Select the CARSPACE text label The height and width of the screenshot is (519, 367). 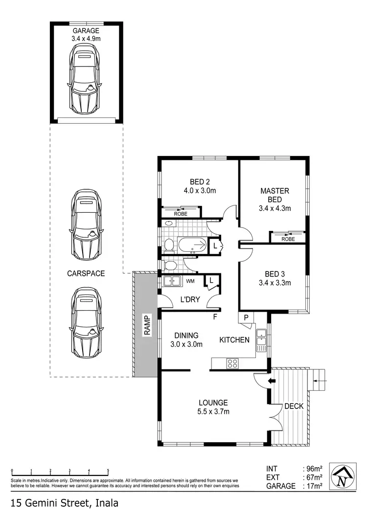[86, 273]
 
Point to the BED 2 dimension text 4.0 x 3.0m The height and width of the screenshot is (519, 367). [200, 191]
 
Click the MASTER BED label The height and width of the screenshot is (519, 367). [275, 195]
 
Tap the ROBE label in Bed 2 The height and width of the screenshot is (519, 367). [181, 213]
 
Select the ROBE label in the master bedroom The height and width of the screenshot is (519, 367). [288, 239]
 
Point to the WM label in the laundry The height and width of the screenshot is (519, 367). [190, 281]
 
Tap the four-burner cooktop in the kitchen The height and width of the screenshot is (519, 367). [231, 363]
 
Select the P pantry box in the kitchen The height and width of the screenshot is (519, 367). [246, 317]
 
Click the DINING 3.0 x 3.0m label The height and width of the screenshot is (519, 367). [186, 339]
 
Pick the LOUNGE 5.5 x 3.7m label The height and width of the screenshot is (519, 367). [210, 407]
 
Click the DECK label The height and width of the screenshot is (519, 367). [294, 406]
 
